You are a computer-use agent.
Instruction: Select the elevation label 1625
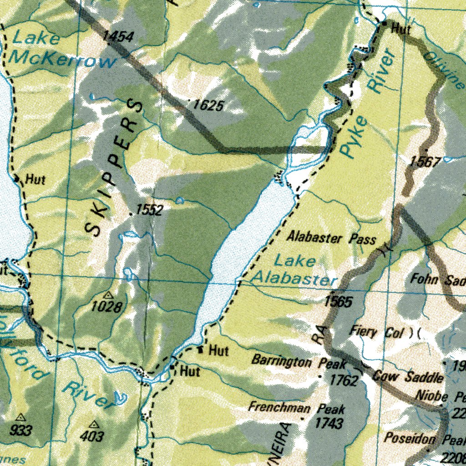pos(208,106)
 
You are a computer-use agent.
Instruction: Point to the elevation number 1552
pos(149,210)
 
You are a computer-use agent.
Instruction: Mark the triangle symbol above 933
pos(20,417)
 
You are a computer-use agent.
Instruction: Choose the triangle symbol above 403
pos(94,424)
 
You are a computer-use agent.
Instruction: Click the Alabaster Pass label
pos(331,238)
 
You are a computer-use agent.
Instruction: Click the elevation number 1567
pos(425,161)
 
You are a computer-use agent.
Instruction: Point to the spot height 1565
pos(338,301)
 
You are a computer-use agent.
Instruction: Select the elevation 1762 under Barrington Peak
pos(343,380)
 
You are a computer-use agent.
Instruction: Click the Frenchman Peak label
pos(296,407)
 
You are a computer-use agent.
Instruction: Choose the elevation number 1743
pos(329,423)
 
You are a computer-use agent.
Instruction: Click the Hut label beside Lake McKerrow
pos(35,179)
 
